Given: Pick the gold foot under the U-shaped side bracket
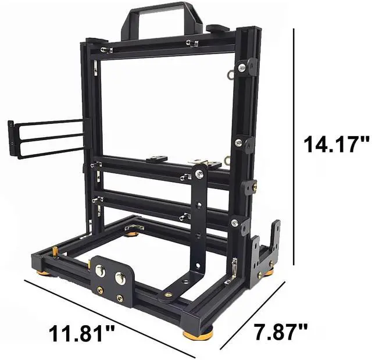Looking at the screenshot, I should (268, 272).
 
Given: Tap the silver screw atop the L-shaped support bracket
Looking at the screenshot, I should (199, 174).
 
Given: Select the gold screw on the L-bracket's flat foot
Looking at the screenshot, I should (168, 294).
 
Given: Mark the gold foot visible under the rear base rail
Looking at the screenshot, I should (133, 233).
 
